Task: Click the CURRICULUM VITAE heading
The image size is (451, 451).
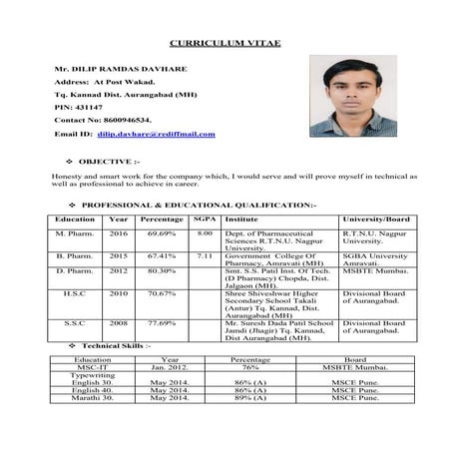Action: pyautogui.click(x=224, y=45)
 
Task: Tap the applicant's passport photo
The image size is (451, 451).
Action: pyautogui.click(x=353, y=97)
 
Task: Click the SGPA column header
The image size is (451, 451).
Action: pyautogui.click(x=205, y=218)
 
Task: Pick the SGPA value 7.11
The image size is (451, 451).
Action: pyautogui.click(x=205, y=255)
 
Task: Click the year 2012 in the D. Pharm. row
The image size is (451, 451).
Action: pyautogui.click(x=119, y=270)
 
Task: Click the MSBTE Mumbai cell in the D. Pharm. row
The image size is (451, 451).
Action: pyautogui.click(x=375, y=270)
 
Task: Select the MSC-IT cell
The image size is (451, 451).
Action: pyautogui.click(x=92, y=366)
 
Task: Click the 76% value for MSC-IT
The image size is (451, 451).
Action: pyautogui.click(x=249, y=366)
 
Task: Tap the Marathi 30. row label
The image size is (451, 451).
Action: pyautogui.click(x=92, y=397)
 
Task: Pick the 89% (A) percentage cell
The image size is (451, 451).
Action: pyautogui.click(x=249, y=397)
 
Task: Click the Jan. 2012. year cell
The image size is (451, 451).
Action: pyautogui.click(x=170, y=366)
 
